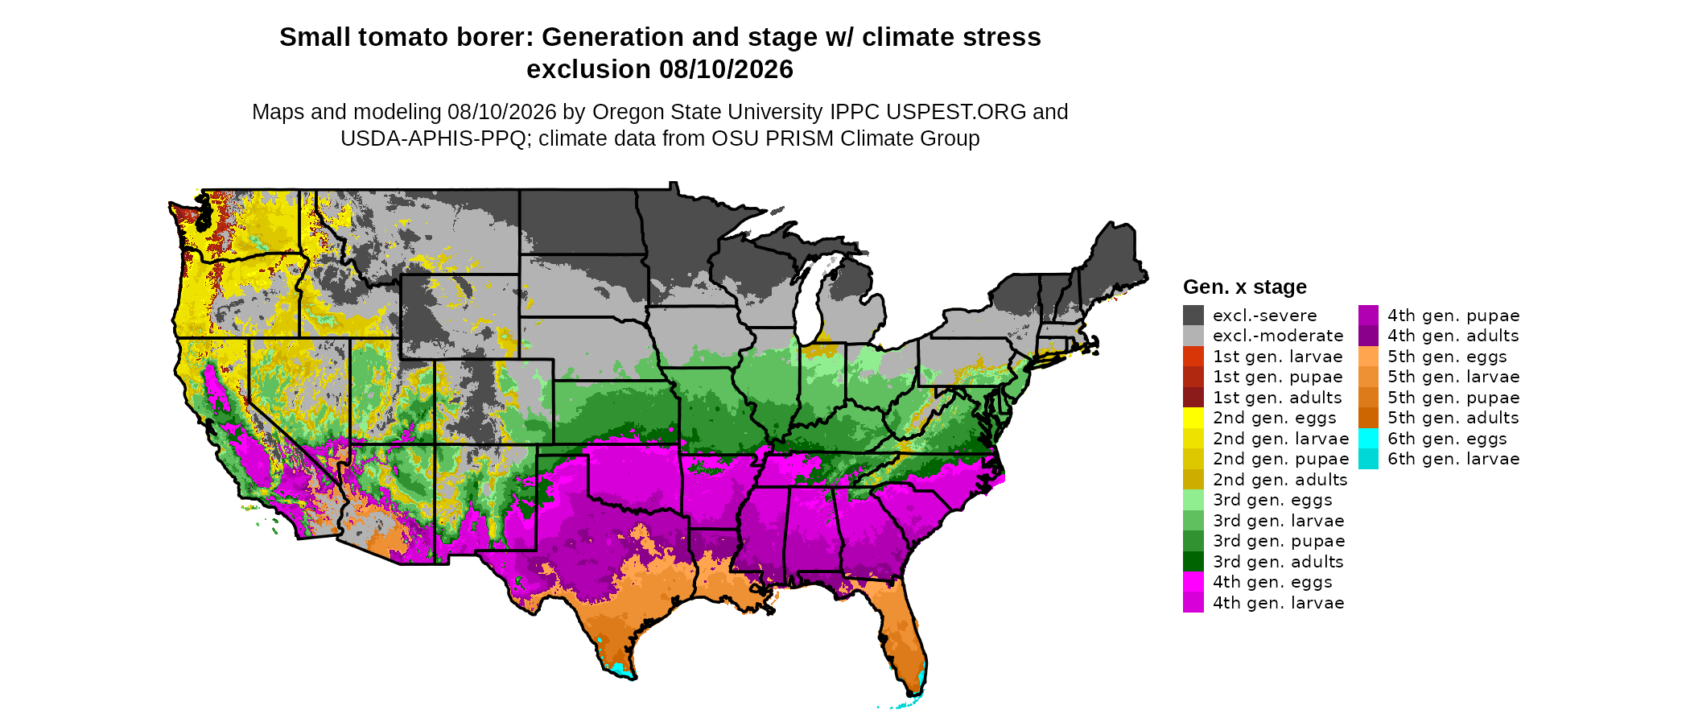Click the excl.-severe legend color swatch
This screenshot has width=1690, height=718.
[x=1193, y=316]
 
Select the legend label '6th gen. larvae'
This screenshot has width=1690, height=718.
[x=1453, y=459]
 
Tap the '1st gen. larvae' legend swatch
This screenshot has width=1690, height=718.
[x=1193, y=357]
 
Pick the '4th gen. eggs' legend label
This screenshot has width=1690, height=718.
[x=1272, y=582]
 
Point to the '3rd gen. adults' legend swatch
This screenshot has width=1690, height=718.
[x=1193, y=562]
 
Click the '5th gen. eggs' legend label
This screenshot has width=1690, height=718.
[x=1447, y=357]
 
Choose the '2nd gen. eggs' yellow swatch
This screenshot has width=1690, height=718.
[x=1193, y=418]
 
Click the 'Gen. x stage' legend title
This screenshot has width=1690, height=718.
[x=1245, y=287]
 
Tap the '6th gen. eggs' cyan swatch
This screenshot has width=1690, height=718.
[x=1368, y=439]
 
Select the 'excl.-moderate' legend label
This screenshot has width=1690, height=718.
[x=1278, y=336]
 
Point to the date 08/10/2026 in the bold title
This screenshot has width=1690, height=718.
[x=727, y=69]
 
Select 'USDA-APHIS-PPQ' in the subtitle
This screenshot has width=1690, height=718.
[x=433, y=138]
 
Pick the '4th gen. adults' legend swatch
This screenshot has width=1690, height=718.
[x=1368, y=336]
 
